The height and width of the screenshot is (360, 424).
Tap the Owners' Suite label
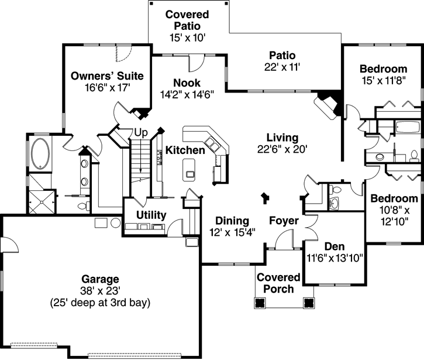click(107, 76)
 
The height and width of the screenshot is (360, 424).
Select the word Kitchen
click(185, 150)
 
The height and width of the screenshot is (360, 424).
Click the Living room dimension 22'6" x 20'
click(282, 149)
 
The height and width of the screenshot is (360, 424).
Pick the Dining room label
click(232, 221)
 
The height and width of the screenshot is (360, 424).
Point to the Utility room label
click(151, 215)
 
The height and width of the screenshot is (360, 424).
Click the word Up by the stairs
click(140, 132)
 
